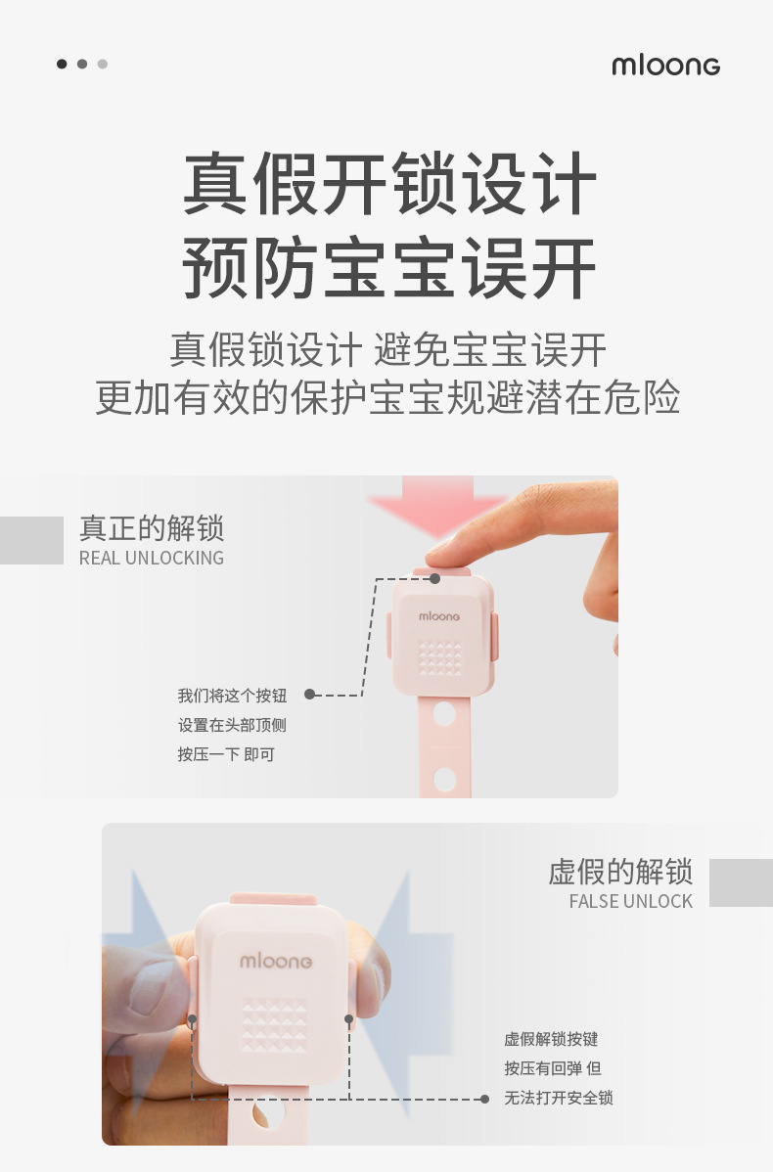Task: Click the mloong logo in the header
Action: point(665,66)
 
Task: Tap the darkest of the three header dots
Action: point(62,65)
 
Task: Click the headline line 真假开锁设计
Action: point(388,183)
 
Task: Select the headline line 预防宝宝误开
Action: point(388,267)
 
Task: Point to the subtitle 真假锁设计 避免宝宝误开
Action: point(388,350)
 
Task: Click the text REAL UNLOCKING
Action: point(152,558)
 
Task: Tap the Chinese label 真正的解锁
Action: point(152,529)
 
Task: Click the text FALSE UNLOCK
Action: point(630,901)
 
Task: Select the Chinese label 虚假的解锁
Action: point(620,871)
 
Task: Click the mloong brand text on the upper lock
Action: point(439,616)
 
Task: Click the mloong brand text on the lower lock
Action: point(277,962)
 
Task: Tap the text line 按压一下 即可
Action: point(226,754)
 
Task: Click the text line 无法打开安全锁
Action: point(559,1098)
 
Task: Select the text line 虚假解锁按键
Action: point(551,1039)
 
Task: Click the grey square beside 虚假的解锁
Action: point(741,882)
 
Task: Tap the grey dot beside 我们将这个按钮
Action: point(309,695)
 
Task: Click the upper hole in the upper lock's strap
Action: point(444,713)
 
